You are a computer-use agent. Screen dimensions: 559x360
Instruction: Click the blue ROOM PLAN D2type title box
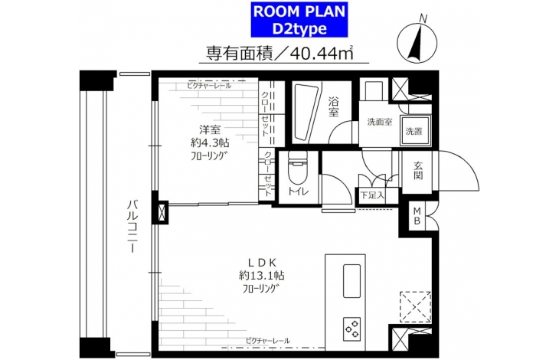click(x=299, y=20)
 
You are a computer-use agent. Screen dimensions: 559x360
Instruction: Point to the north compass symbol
click(x=417, y=43)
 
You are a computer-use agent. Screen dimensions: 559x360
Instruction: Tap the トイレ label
click(x=298, y=191)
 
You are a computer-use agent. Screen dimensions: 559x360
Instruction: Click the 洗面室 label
click(x=380, y=122)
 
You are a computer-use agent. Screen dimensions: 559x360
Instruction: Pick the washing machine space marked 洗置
click(x=414, y=130)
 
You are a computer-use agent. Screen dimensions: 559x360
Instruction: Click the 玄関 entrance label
click(x=418, y=170)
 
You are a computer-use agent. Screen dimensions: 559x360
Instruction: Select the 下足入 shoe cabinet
click(x=373, y=195)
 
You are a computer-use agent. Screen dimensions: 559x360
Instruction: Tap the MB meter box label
click(x=417, y=216)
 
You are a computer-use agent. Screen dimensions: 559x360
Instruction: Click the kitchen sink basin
click(x=351, y=281)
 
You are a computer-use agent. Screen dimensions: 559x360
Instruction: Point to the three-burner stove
click(x=351, y=329)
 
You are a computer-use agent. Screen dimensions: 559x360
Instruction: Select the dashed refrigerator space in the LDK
click(x=415, y=306)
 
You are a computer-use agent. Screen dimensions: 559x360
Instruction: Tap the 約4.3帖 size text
click(x=210, y=143)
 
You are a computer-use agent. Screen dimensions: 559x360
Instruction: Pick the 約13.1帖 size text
click(x=261, y=276)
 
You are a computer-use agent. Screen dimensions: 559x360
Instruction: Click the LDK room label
click(x=263, y=263)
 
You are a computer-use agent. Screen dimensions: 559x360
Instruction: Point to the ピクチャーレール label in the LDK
click(x=267, y=341)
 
